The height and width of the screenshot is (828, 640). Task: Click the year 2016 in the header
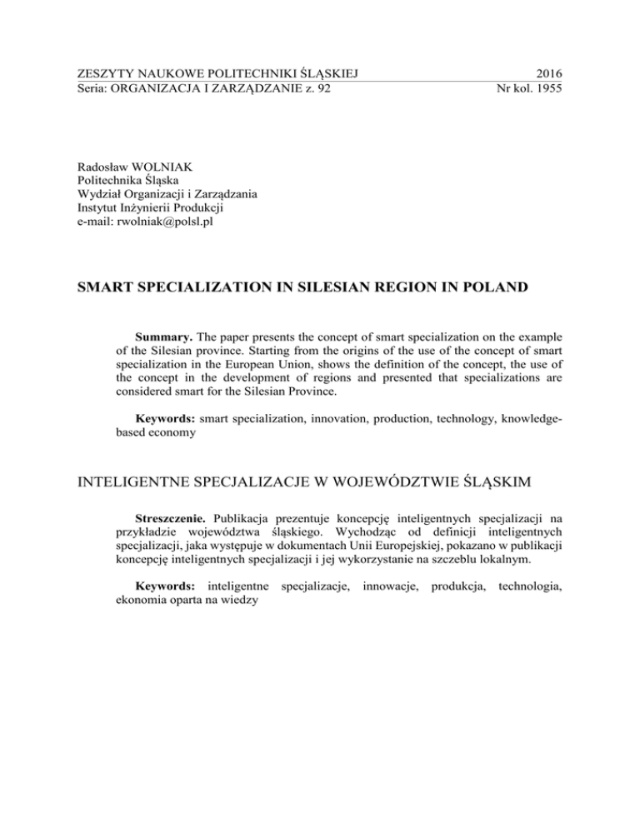coord(546,73)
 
